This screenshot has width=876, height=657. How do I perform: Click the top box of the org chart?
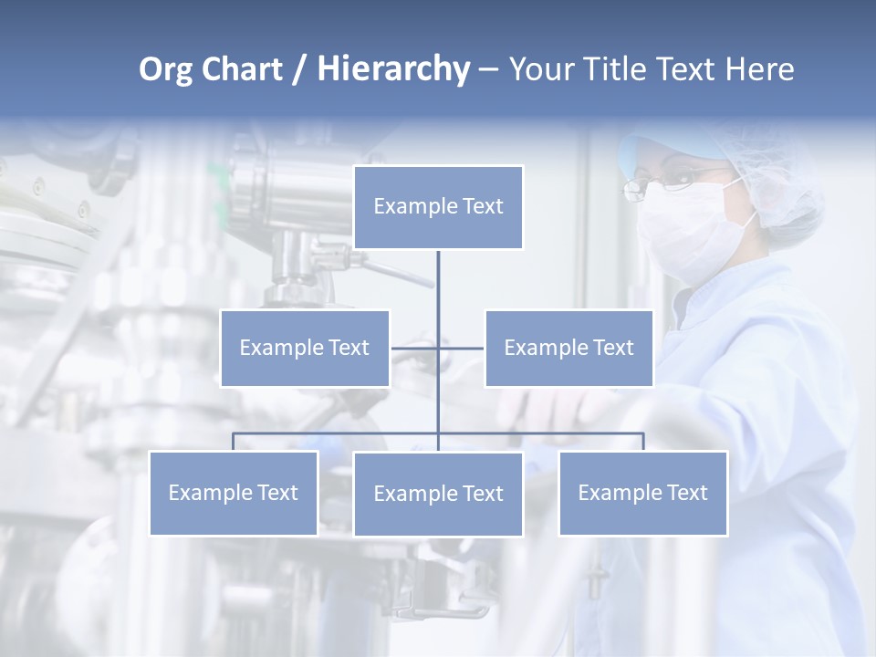438,207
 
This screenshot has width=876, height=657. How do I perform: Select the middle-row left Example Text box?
305,348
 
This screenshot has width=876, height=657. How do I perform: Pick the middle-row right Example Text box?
568,348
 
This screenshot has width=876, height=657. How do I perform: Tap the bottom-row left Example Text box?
234,493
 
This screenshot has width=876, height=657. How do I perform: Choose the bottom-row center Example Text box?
438,494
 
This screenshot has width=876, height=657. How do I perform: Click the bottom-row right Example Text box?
642,493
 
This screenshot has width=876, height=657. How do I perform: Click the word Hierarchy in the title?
393,69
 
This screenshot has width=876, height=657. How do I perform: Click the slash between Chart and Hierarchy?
299,69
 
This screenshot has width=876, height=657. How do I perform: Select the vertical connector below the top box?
438,283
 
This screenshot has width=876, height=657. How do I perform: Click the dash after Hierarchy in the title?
488,69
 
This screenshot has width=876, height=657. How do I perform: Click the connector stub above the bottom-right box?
643,442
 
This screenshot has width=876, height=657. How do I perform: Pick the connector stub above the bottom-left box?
234,442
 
